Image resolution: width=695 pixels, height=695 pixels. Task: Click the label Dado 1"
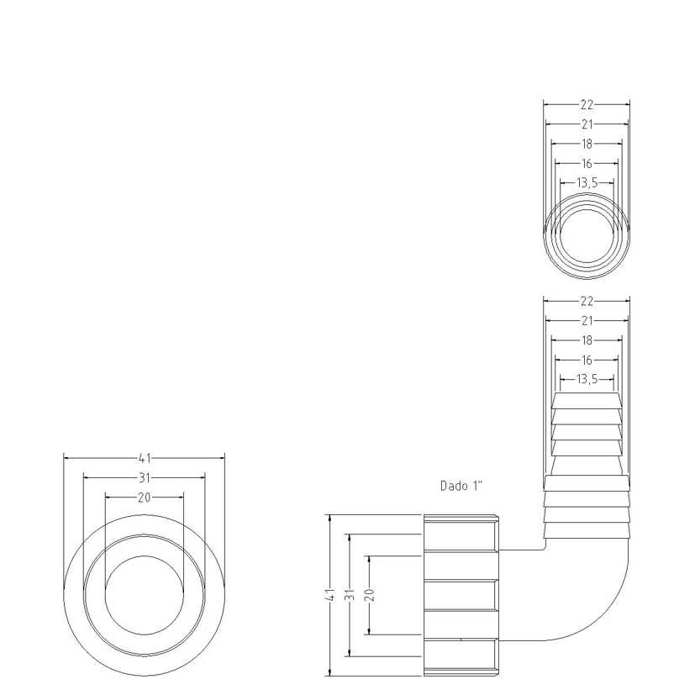pyautogui.click(x=461, y=486)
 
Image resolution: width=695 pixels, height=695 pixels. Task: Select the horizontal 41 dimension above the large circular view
pyautogui.click(x=145, y=458)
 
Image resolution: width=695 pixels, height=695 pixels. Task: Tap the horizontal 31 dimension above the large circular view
pyautogui.click(x=145, y=477)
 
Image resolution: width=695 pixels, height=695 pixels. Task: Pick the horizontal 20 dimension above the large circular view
pyautogui.click(x=145, y=498)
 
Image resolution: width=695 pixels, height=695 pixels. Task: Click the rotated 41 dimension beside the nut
pyautogui.click(x=330, y=594)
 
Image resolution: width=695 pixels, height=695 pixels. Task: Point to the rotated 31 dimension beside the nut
pyautogui.click(x=350, y=594)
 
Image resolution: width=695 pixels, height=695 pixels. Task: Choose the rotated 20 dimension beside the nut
pyautogui.click(x=371, y=594)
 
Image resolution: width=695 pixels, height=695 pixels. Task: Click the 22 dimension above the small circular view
pyautogui.click(x=587, y=105)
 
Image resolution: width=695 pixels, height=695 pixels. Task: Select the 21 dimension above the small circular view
pyautogui.click(x=587, y=124)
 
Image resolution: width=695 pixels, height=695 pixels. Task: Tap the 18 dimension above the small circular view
pyautogui.click(x=587, y=144)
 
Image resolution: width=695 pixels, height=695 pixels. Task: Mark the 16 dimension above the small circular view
pyautogui.click(x=587, y=163)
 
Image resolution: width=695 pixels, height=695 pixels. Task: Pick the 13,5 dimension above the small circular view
pyautogui.click(x=587, y=182)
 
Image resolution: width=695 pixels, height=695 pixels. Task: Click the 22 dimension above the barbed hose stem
pyautogui.click(x=587, y=301)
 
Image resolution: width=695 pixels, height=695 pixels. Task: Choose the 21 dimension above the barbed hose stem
pyautogui.click(x=587, y=320)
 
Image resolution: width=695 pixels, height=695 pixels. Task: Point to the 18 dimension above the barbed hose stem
pyautogui.click(x=587, y=340)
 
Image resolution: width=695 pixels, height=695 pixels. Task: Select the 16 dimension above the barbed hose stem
pyautogui.click(x=587, y=360)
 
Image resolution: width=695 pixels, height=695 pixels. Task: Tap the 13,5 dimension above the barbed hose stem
pyautogui.click(x=587, y=379)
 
